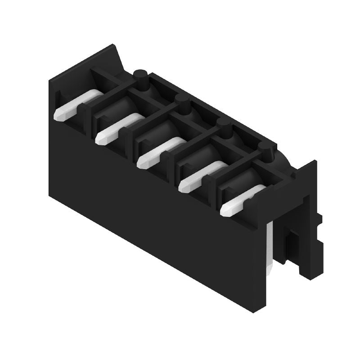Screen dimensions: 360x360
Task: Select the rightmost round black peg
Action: coord(265,151)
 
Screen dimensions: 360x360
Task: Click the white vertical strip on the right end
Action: coord(270,247)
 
